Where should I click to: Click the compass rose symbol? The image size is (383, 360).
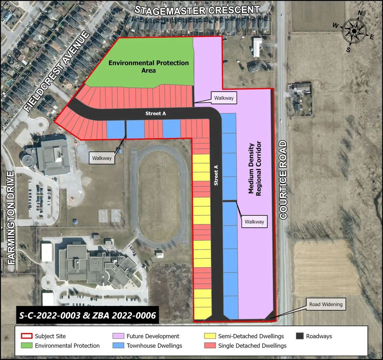pyautogui.click(x=354, y=31)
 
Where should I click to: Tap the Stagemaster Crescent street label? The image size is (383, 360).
pyautogui.click(x=197, y=10)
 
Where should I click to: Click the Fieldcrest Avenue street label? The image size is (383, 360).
pyautogui.click(x=57, y=72)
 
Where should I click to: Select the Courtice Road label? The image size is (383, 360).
pyautogui.click(x=283, y=180)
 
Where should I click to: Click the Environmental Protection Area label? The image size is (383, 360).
pyautogui.click(x=148, y=66)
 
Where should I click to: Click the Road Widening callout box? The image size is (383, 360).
pyautogui.click(x=326, y=304)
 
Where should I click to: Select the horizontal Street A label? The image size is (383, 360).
pyautogui.click(x=155, y=114)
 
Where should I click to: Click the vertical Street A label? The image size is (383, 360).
pyautogui.click(x=216, y=175)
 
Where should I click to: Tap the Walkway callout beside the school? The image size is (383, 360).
pyautogui.click(x=102, y=158)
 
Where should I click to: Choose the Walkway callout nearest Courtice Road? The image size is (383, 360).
pyautogui.click(x=254, y=222)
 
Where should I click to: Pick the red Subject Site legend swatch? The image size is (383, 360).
pyautogui.click(x=26, y=336)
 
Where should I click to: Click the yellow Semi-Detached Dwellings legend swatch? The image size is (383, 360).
pyautogui.click(x=210, y=336)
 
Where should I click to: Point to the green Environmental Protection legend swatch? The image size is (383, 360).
pyautogui.click(x=26, y=346)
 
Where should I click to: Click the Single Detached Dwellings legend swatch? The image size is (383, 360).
pyautogui.click(x=210, y=346)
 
